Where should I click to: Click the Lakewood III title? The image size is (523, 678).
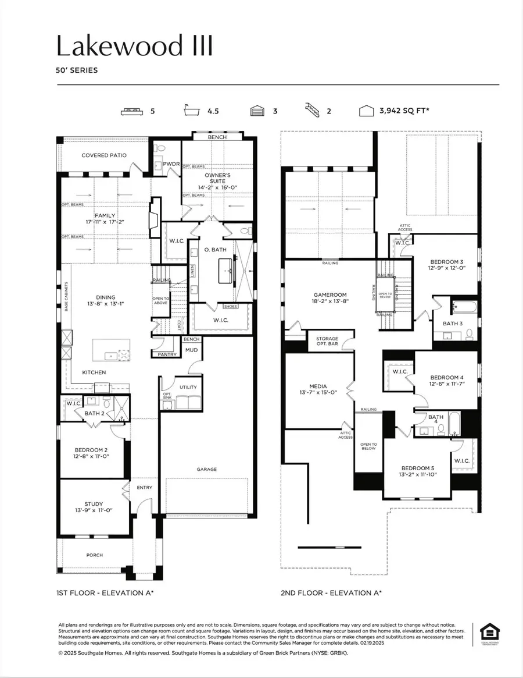pos(134,45)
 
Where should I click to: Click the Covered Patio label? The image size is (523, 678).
pos(104,155)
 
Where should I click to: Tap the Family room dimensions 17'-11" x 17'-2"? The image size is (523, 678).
pos(105,222)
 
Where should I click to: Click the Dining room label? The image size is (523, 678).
pos(106,297)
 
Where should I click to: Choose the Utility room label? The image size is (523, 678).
pos(188,387)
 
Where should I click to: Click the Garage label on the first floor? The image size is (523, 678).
pos(206,468)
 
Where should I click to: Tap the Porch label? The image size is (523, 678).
pos(95,555)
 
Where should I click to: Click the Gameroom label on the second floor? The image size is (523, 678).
pos(330,295)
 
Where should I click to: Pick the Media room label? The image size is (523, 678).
pos(318,386)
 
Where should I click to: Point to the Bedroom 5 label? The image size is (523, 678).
pos(418,467)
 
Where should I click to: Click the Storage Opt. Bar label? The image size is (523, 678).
pos(327,342)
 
